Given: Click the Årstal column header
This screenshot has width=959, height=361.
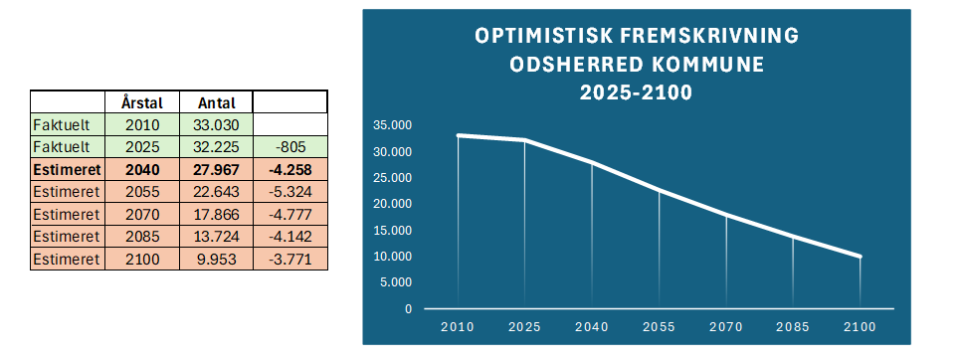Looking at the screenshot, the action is tap(142, 102).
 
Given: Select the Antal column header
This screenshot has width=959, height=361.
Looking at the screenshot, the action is tap(217, 102).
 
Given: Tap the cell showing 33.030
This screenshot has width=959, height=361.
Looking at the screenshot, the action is tap(217, 125).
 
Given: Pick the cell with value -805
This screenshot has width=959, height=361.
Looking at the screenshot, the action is tap(289, 147).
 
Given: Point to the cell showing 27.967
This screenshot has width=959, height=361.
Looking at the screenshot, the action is tap(217, 169).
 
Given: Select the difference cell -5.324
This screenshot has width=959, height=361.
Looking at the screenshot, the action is tap(289, 192).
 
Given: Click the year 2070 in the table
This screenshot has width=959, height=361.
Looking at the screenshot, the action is tap(142, 214).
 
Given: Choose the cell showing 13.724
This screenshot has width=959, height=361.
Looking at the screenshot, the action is tap(217, 236).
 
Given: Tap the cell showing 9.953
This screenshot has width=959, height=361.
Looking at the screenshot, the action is tap(217, 259).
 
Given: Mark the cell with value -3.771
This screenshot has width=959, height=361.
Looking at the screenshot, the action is tap(289, 259).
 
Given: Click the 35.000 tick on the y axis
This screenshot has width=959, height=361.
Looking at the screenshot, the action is tap(392, 125).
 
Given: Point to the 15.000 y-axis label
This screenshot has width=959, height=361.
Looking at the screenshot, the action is tap(392, 230).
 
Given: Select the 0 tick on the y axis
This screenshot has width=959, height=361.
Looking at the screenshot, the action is tap(408, 309).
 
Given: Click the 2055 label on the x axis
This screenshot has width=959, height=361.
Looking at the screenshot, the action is tap(659, 327).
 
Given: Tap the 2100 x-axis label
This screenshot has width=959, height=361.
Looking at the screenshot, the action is tap(860, 327).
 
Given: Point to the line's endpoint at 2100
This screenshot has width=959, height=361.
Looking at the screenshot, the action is tap(860, 257).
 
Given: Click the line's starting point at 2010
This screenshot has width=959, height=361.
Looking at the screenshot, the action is tap(458, 135).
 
